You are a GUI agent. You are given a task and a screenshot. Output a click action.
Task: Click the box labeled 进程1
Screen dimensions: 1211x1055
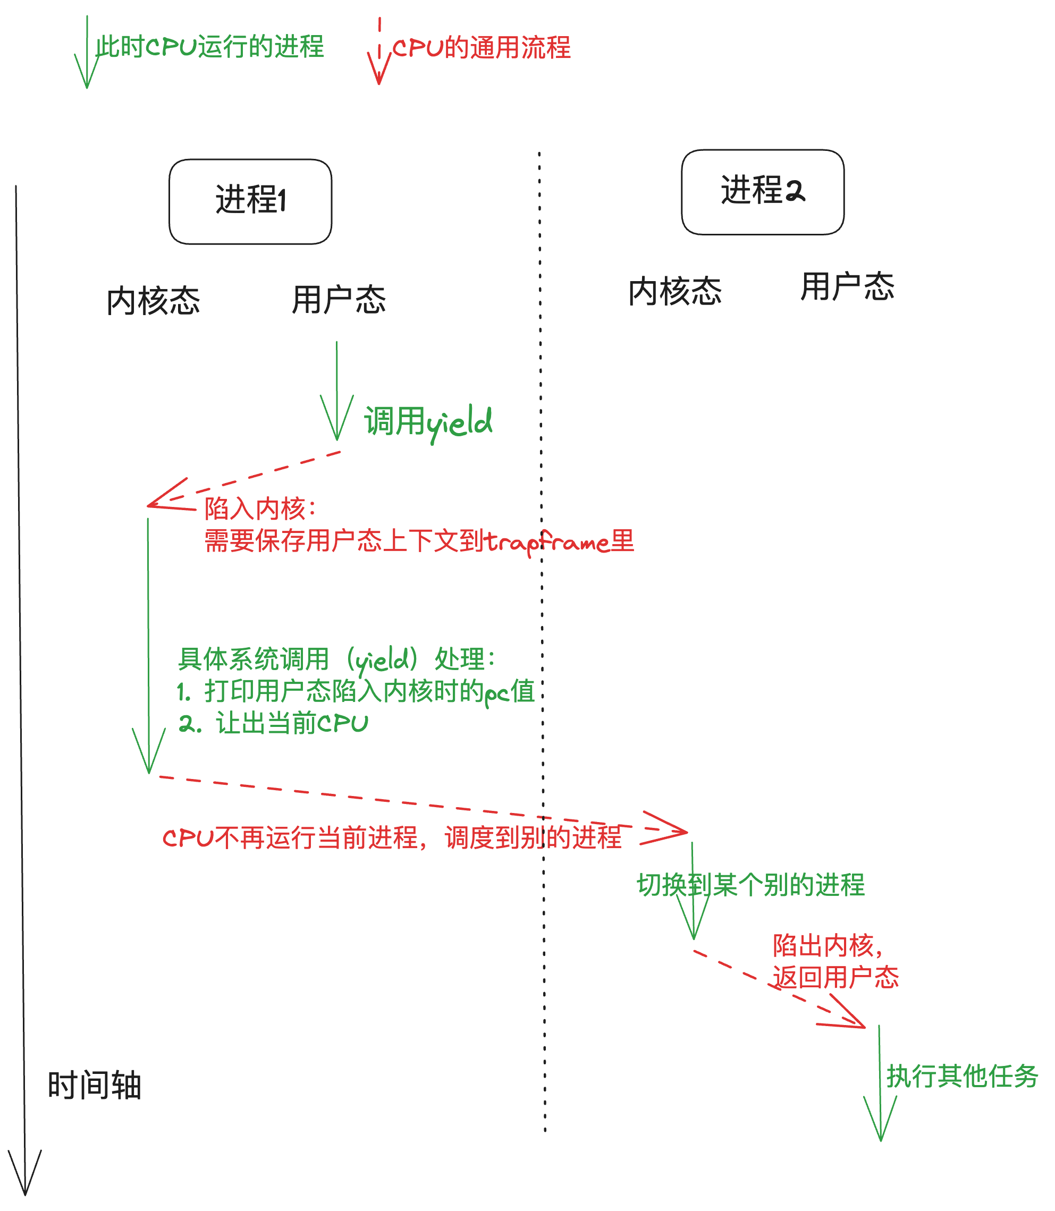pos(250,201)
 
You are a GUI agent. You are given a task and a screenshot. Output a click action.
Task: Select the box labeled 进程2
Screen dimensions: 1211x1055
pos(762,192)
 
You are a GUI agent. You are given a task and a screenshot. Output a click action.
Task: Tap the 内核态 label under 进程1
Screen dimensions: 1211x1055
pos(154,301)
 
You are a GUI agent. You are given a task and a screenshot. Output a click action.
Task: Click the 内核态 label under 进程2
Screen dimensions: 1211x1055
pos(676,291)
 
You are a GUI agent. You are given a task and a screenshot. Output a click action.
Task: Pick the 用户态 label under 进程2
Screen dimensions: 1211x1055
pos(847,287)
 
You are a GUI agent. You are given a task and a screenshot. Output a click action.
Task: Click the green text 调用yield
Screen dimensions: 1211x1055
pos(428,422)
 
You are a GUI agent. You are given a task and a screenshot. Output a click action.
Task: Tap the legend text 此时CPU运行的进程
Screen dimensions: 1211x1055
pos(210,47)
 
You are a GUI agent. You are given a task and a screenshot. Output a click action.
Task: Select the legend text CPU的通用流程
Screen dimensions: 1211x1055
pos(482,48)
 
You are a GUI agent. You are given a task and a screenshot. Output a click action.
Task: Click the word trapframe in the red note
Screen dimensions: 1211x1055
pos(547,541)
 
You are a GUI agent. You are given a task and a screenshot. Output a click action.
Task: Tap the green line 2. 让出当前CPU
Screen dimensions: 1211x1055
pos(274,723)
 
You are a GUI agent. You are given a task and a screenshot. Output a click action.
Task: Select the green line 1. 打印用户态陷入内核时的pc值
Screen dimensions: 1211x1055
pos(356,691)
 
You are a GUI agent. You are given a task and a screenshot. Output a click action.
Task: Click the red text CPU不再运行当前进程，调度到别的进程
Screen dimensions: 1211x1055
pos(392,837)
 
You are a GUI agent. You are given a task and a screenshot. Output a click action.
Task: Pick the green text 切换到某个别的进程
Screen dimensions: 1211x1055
pos(750,885)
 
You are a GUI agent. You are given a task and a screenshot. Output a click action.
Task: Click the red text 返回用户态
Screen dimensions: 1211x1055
pos(835,978)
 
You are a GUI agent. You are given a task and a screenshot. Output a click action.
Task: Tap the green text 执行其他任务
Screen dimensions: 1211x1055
pos(962,1076)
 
